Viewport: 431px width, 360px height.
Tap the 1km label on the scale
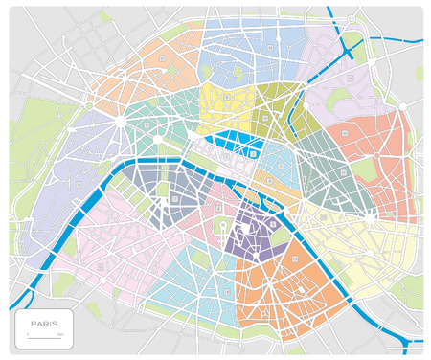pos(60,334)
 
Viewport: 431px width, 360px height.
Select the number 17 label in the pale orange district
pos(163,59)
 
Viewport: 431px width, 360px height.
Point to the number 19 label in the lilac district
pos(351,75)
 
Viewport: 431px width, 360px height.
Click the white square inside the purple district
pos(274,223)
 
